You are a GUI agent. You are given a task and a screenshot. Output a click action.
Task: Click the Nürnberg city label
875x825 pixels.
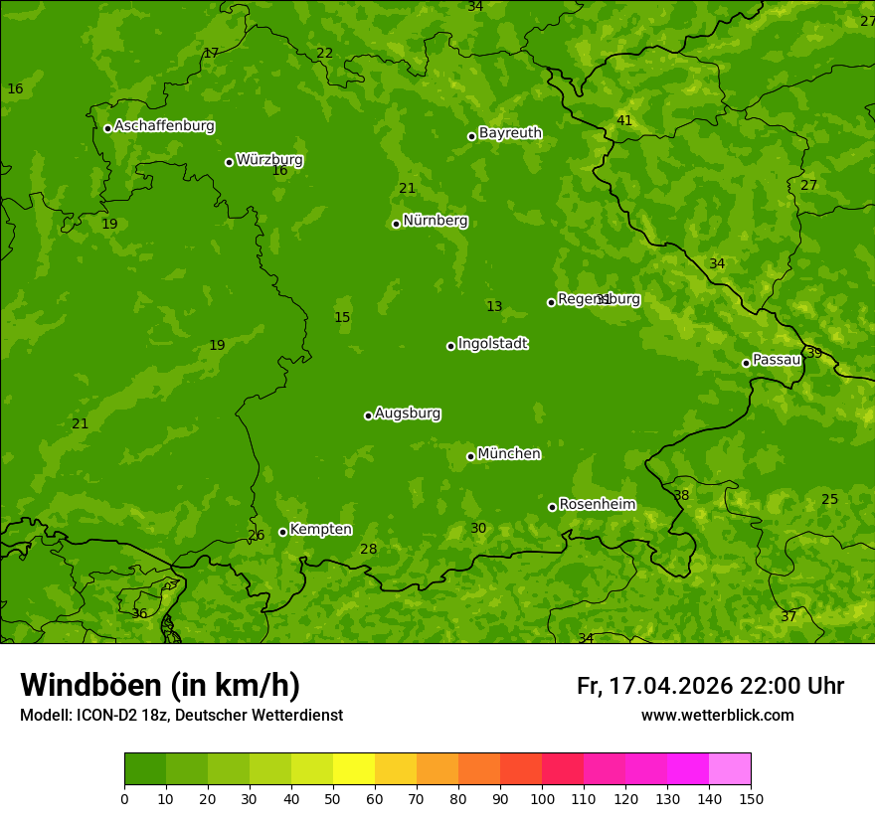click(x=435, y=221)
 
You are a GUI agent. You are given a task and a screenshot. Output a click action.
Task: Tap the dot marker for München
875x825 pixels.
click(x=470, y=456)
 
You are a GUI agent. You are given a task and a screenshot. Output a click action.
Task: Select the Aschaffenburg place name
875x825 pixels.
click(x=164, y=126)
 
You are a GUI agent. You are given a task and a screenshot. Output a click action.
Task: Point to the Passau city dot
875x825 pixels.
click(x=746, y=363)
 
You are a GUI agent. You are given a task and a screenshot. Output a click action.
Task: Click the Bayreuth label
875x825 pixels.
click(x=510, y=133)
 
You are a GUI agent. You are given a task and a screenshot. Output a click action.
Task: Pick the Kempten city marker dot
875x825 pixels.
click(x=282, y=532)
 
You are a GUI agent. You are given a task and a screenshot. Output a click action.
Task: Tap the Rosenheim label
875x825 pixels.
click(x=597, y=505)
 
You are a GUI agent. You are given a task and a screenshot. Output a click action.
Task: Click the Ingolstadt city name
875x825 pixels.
click(x=492, y=344)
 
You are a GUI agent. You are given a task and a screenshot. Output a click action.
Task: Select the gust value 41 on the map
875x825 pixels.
click(x=624, y=121)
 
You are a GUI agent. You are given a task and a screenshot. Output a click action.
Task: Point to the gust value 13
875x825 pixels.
click(x=494, y=307)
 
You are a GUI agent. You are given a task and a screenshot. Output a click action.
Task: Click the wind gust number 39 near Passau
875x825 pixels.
click(x=814, y=354)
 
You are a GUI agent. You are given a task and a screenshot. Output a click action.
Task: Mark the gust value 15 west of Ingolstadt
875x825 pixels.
click(x=342, y=318)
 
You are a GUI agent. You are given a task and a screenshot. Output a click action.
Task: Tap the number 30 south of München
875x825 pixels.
click(x=478, y=529)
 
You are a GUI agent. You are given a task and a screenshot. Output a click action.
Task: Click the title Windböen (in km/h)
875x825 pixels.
click(x=160, y=685)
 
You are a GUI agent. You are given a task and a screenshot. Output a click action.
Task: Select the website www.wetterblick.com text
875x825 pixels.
click(x=717, y=716)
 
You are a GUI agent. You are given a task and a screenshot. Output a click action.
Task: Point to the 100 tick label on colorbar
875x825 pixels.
click(x=542, y=798)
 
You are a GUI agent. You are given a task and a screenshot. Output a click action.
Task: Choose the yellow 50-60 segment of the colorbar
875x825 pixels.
click(x=354, y=769)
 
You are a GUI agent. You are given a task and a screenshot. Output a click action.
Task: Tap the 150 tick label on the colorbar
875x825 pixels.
click(x=751, y=798)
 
